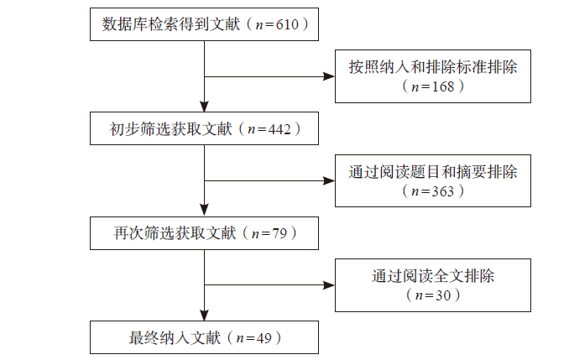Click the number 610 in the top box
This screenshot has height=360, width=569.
click(x=287, y=24)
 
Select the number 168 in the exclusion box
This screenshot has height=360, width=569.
click(x=443, y=86)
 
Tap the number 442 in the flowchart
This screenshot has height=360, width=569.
click(x=279, y=129)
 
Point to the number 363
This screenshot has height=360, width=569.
click(x=443, y=191)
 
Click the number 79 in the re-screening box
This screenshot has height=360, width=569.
click(x=279, y=233)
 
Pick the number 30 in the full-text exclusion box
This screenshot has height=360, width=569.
click(x=443, y=295)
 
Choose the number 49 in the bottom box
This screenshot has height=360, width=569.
click(x=264, y=338)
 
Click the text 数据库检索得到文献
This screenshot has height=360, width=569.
click(x=170, y=24)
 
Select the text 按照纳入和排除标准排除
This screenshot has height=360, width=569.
click(x=433, y=67)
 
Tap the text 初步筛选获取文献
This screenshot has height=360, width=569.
click(x=170, y=129)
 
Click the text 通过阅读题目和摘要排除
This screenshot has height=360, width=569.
click(x=433, y=172)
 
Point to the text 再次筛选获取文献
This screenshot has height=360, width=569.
click(x=175, y=233)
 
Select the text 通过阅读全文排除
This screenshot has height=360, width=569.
click(x=433, y=276)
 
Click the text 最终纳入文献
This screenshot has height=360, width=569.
click(x=175, y=338)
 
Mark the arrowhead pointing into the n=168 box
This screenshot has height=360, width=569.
click(x=329, y=76)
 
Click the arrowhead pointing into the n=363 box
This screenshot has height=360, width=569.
click(x=329, y=180)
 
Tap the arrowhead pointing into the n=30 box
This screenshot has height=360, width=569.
click(x=329, y=285)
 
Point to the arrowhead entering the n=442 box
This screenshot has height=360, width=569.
click(x=204, y=107)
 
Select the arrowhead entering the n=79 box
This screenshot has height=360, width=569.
click(x=204, y=211)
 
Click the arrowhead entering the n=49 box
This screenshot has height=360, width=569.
click(x=204, y=315)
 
